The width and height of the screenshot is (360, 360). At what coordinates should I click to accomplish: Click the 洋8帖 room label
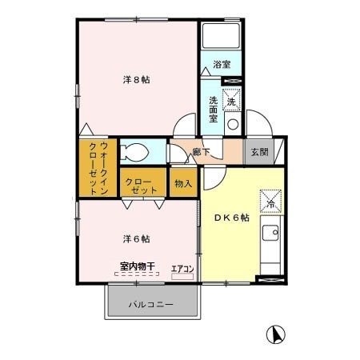(x=136, y=80)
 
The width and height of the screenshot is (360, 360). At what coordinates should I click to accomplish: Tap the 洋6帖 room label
(x=136, y=238)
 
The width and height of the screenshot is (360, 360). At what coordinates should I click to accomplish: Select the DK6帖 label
(x=232, y=218)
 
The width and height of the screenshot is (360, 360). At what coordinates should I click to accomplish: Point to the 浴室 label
(x=222, y=64)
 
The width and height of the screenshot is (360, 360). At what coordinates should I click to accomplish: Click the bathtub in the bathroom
(x=221, y=36)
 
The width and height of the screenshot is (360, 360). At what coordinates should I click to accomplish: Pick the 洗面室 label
(x=213, y=110)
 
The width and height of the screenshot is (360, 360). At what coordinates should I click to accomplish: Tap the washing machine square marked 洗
(x=231, y=100)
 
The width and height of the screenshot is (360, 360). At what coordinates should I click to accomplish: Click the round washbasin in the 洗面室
(x=233, y=125)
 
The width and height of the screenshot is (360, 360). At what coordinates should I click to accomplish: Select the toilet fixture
(x=134, y=152)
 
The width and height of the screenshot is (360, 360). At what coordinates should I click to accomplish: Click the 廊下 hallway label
(x=201, y=152)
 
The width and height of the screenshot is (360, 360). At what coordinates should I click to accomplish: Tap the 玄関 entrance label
(x=259, y=152)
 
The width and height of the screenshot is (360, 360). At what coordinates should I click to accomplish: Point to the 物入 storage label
(x=183, y=183)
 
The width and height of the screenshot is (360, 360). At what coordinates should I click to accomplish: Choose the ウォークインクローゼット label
(x=98, y=169)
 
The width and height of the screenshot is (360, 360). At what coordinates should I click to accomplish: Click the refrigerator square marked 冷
(x=270, y=201)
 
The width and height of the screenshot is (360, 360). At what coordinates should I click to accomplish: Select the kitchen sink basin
(x=270, y=233)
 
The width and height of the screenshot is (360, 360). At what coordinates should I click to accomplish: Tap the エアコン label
(x=182, y=269)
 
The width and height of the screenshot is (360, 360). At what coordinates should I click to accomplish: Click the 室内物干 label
(x=138, y=266)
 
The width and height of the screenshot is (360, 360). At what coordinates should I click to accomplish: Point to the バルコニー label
(x=151, y=304)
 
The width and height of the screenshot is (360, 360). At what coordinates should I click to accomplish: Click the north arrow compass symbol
(x=276, y=334)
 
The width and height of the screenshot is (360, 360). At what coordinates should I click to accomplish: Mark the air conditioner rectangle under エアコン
(x=182, y=277)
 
